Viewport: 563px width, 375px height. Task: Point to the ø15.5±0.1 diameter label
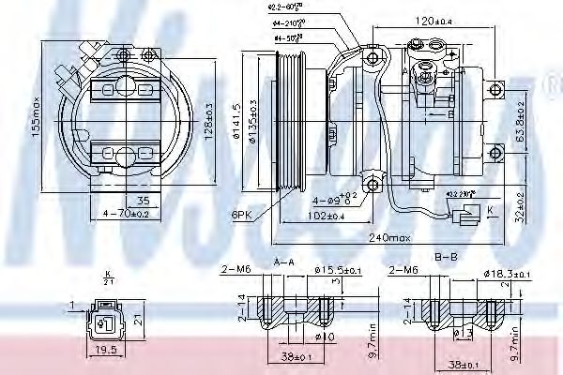point(341,271)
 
